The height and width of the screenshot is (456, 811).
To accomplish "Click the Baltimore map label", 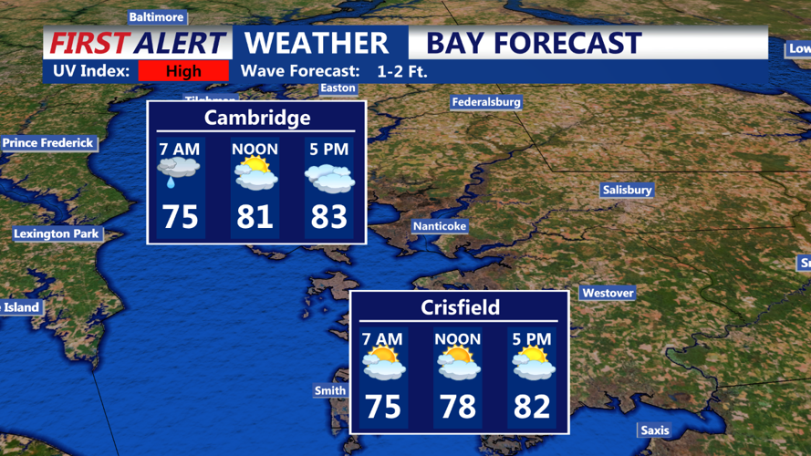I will pos(156,17).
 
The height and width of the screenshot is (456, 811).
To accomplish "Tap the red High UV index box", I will pos(183,71).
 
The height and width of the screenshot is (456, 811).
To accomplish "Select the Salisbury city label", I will pos(627,191).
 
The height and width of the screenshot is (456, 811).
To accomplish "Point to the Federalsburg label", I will pos(486,103).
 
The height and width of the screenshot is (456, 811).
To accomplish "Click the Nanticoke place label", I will pos(440,226).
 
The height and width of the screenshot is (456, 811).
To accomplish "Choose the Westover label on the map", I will pos(608,294).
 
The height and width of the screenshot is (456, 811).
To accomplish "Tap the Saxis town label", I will pos(654,430).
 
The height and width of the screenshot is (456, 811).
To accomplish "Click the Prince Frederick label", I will pos(48,143).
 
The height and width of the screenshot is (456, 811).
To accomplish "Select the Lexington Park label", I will pos(56,234).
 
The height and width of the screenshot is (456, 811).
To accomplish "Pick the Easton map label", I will pos(338,88).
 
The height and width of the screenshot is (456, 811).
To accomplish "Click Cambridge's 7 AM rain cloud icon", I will pos(180,171).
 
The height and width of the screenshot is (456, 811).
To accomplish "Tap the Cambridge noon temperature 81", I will pos(255,217).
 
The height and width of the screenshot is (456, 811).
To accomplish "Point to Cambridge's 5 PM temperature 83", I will pos(328,217).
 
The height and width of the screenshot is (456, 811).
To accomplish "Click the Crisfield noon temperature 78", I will pos(458,406).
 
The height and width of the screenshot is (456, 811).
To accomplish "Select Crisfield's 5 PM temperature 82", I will pos(532,406).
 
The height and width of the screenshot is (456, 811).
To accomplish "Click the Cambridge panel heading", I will pos(257,118).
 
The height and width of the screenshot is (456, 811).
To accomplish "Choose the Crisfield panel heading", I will pos(461,307).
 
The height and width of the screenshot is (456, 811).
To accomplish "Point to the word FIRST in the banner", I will pos(89,43).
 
